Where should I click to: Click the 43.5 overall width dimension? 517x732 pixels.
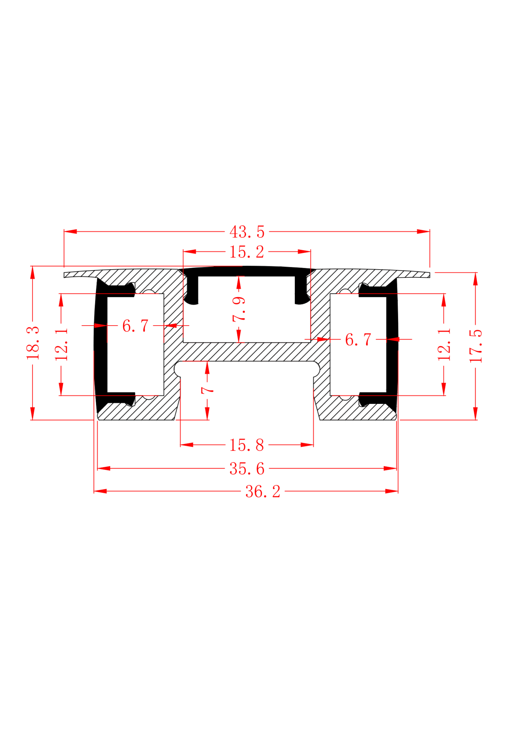point(247,232)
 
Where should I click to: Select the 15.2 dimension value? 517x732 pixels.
point(247,252)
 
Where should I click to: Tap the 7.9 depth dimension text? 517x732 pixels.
point(239,309)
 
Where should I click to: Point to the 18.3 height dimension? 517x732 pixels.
point(33,343)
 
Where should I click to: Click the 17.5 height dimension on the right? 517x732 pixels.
point(476,346)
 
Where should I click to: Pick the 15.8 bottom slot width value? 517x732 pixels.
point(247,445)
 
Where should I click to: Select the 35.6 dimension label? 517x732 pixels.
point(247,469)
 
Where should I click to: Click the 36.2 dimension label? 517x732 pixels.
point(263,491)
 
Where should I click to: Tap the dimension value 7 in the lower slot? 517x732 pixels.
point(207,390)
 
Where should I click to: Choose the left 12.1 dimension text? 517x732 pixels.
point(61,345)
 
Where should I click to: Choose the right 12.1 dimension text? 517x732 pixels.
point(444,345)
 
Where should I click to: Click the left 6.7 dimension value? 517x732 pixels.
point(135,326)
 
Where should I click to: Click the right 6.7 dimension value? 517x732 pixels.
point(358,340)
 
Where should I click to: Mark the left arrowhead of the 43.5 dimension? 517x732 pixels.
point(70,232)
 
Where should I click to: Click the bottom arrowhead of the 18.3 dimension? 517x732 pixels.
point(33,414)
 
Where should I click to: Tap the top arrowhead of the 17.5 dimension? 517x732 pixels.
point(476,279)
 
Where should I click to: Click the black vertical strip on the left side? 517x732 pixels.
point(101,345)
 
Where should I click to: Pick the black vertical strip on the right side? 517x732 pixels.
point(392,345)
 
